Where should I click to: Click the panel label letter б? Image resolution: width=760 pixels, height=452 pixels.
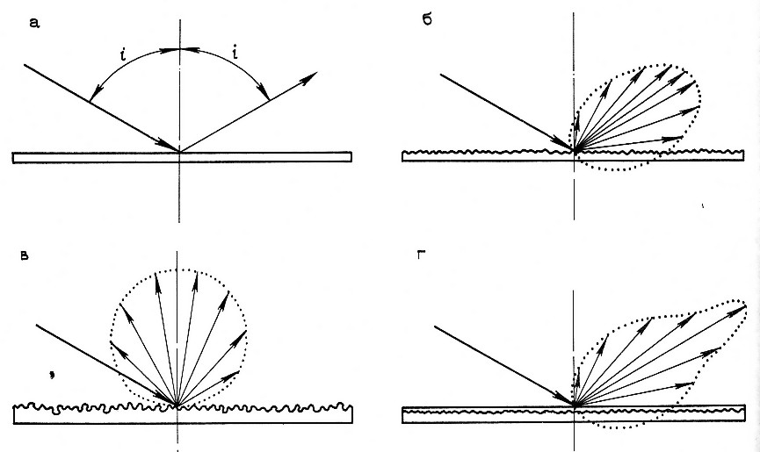click(427, 18)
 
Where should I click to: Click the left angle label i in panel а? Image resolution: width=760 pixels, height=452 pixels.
click(125, 57)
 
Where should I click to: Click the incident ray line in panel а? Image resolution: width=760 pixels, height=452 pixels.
click(97, 106)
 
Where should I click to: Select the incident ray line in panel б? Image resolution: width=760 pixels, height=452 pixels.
click(505, 111)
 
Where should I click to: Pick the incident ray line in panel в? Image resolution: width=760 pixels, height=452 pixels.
click(105, 364)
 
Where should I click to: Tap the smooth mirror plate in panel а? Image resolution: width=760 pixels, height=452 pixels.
click(182, 157)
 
